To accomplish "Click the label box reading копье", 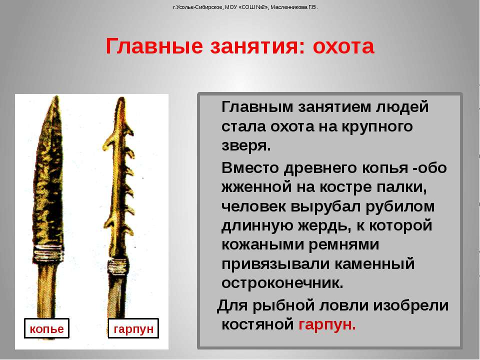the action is click(46, 328).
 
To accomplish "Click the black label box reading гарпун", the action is click(133, 328).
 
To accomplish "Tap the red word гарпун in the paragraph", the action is click(327, 324).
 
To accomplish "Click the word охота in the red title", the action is click(343, 46).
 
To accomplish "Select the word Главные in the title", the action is click(154, 46).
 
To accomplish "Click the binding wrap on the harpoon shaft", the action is click(117, 267).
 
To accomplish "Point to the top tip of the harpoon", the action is click(121, 98).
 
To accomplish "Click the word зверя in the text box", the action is click(246, 145).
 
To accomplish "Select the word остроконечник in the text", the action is click(282, 283).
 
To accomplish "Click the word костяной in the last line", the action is click(257, 324).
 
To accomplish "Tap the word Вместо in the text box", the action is click(250, 168).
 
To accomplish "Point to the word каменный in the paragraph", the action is click(374, 264).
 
